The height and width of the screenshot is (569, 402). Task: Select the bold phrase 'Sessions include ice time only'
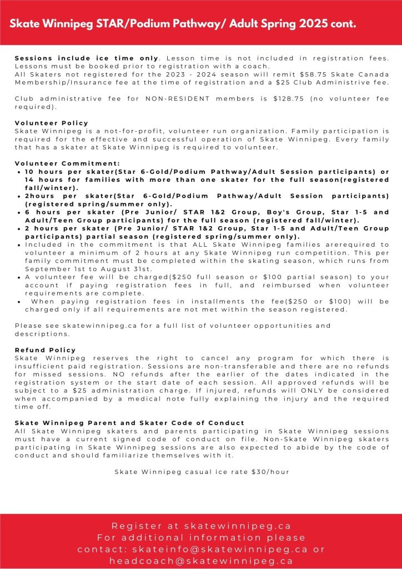tap(87, 58)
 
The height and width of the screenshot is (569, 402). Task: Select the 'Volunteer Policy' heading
tap(51, 123)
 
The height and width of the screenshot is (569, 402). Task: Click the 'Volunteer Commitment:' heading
tap(67, 163)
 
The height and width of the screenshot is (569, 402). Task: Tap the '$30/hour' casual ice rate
tap(270, 472)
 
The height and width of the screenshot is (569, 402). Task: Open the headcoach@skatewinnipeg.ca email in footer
tap(201, 561)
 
